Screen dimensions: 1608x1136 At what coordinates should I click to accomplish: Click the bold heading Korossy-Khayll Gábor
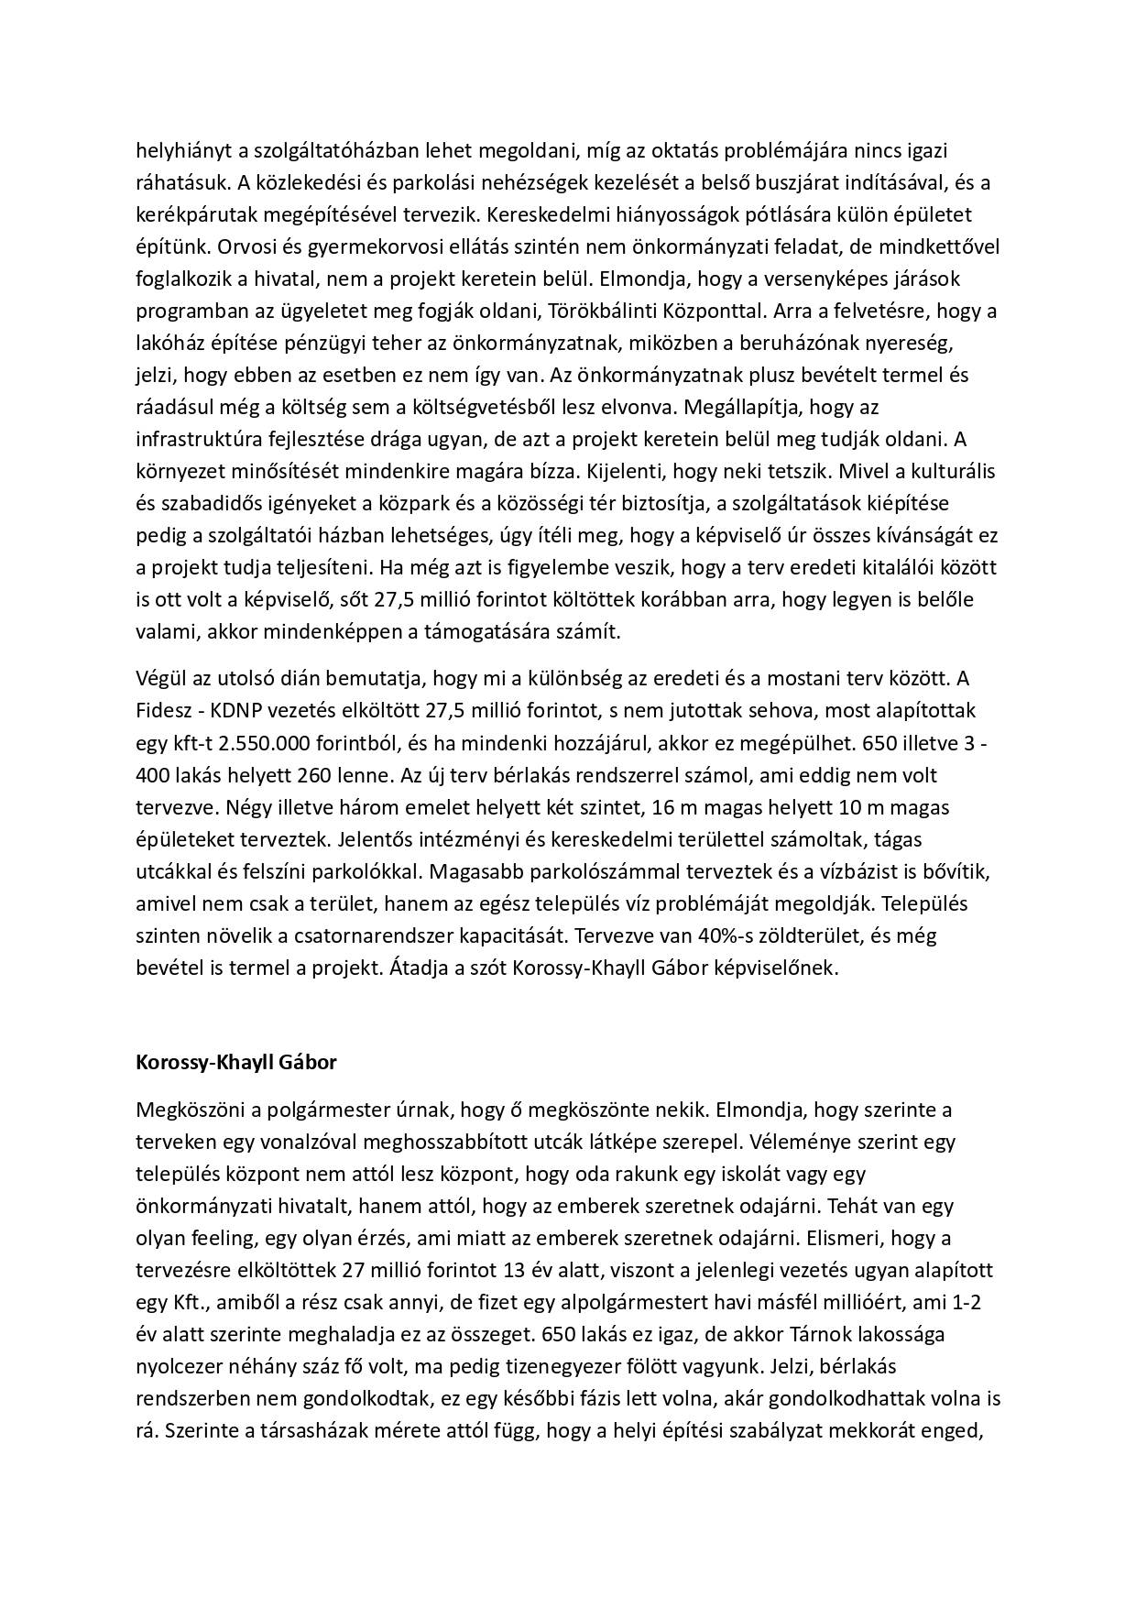tap(236, 1063)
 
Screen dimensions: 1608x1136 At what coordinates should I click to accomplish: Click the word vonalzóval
tap(314, 1143)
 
